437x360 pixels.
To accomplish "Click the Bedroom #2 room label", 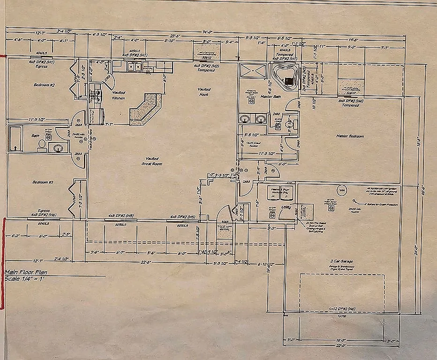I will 45,85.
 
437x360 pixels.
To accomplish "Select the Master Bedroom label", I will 350,136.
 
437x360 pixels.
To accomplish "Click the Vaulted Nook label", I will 204,91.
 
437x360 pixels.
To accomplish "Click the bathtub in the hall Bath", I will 15,138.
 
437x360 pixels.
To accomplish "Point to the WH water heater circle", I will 342,190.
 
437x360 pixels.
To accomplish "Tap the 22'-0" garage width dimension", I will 341,345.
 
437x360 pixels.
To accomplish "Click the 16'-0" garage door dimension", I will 341,339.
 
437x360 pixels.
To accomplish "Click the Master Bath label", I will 257,97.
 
